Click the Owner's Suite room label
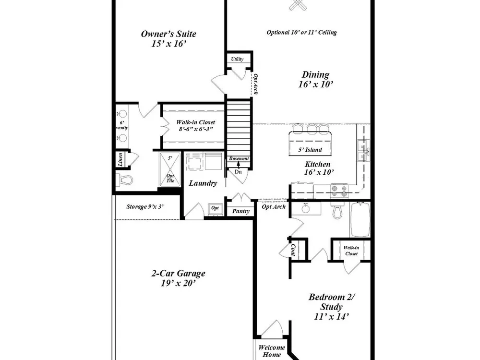point(168,38)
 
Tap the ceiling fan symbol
point(296,4)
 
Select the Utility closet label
point(237,59)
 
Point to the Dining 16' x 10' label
point(316,79)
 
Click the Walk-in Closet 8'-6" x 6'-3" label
point(196,125)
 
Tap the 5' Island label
point(310,150)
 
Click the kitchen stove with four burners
point(339,191)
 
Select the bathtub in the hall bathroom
point(360,219)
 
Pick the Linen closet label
point(120,159)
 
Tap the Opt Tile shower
point(170,169)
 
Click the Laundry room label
point(203,183)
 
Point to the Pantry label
point(240,211)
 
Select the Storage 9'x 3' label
point(145,206)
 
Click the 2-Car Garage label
point(178,277)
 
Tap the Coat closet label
point(293,250)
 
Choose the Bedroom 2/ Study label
point(332,306)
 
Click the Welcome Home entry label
point(272,351)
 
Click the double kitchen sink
point(363,150)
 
